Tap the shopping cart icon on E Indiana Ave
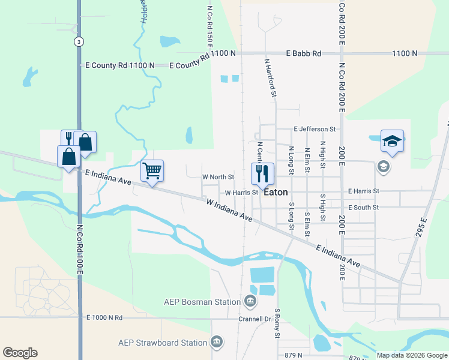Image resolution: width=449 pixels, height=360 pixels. point(152,172)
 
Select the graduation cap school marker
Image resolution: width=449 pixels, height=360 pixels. point(392,142)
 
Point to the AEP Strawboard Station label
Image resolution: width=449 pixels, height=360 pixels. point(162,343)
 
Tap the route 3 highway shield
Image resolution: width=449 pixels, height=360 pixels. point(78,41)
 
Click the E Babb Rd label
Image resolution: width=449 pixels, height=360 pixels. point(304,53)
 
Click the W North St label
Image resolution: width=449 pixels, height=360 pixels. point(218,177)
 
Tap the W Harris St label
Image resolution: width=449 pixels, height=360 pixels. point(241,193)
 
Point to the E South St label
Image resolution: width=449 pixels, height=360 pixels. point(363,207)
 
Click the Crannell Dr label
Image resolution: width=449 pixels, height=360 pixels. point(255,319)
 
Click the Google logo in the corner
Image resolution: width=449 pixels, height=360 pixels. point(20,353)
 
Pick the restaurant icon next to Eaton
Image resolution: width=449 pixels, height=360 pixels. point(262,174)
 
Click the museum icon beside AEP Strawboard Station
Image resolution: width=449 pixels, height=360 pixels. point(217,343)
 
